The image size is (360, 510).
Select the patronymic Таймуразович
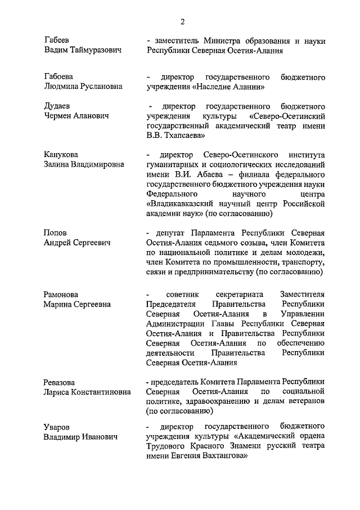click(96, 51)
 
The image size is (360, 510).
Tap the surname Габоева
click(60, 76)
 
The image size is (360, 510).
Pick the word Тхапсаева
click(183, 136)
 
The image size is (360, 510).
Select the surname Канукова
click(61, 155)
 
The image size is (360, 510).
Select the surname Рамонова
click(61, 294)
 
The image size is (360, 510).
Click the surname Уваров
click(58, 427)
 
